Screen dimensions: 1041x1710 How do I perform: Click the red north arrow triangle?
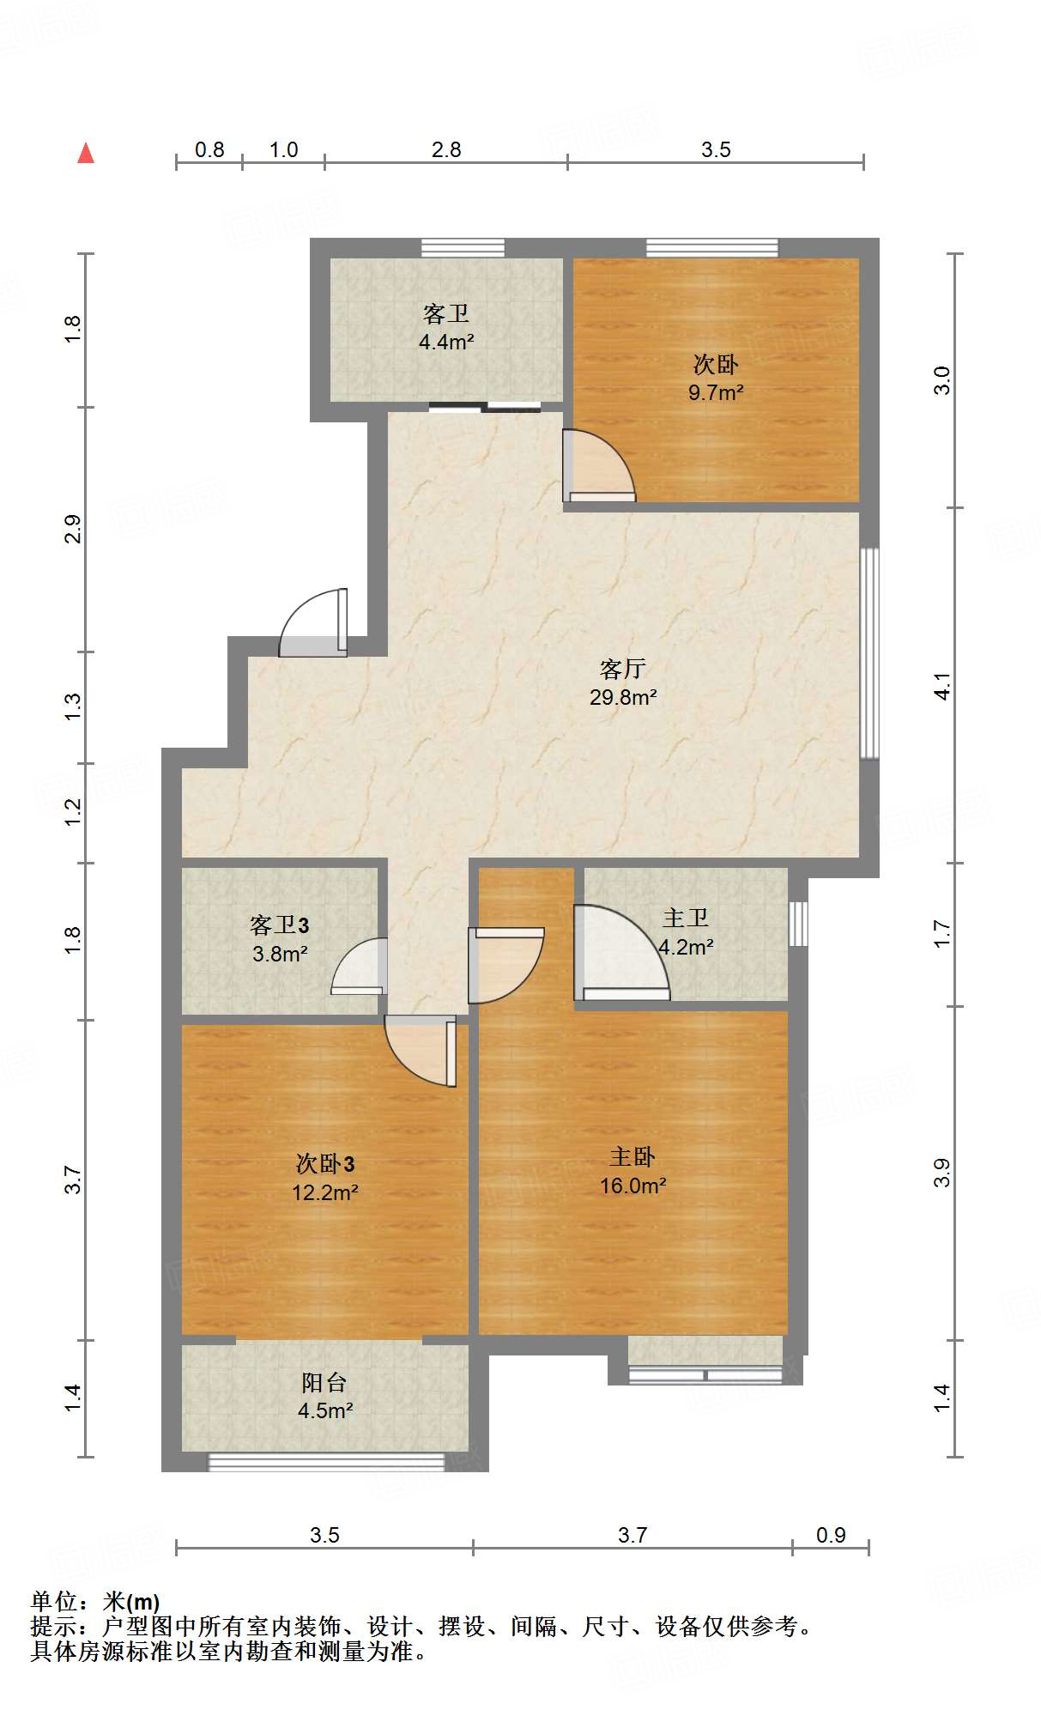86,153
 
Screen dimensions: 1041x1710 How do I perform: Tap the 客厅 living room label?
623,669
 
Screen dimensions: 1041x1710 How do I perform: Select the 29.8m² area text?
623,697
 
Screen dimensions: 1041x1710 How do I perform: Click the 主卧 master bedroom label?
632,1157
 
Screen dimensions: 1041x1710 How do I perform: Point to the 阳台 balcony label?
324,1383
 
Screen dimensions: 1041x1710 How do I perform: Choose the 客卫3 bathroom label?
280,925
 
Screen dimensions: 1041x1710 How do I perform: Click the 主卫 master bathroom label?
686,918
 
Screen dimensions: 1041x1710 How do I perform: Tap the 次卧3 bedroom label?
325,1164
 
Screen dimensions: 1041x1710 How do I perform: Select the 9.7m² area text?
716,392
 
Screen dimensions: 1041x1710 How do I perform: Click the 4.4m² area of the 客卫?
446,342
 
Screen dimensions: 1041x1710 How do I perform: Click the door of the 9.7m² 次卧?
599,465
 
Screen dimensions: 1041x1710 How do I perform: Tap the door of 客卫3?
359,967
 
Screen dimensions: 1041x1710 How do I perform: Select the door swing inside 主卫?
622,953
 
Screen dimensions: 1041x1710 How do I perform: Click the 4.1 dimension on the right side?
942,687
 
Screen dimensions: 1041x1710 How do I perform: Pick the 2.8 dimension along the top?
446,149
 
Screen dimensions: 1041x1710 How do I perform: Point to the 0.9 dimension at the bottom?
831,1535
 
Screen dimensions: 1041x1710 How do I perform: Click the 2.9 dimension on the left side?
73,529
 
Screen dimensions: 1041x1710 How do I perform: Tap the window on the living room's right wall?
869,653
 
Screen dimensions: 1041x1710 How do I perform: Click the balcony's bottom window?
327,1462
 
